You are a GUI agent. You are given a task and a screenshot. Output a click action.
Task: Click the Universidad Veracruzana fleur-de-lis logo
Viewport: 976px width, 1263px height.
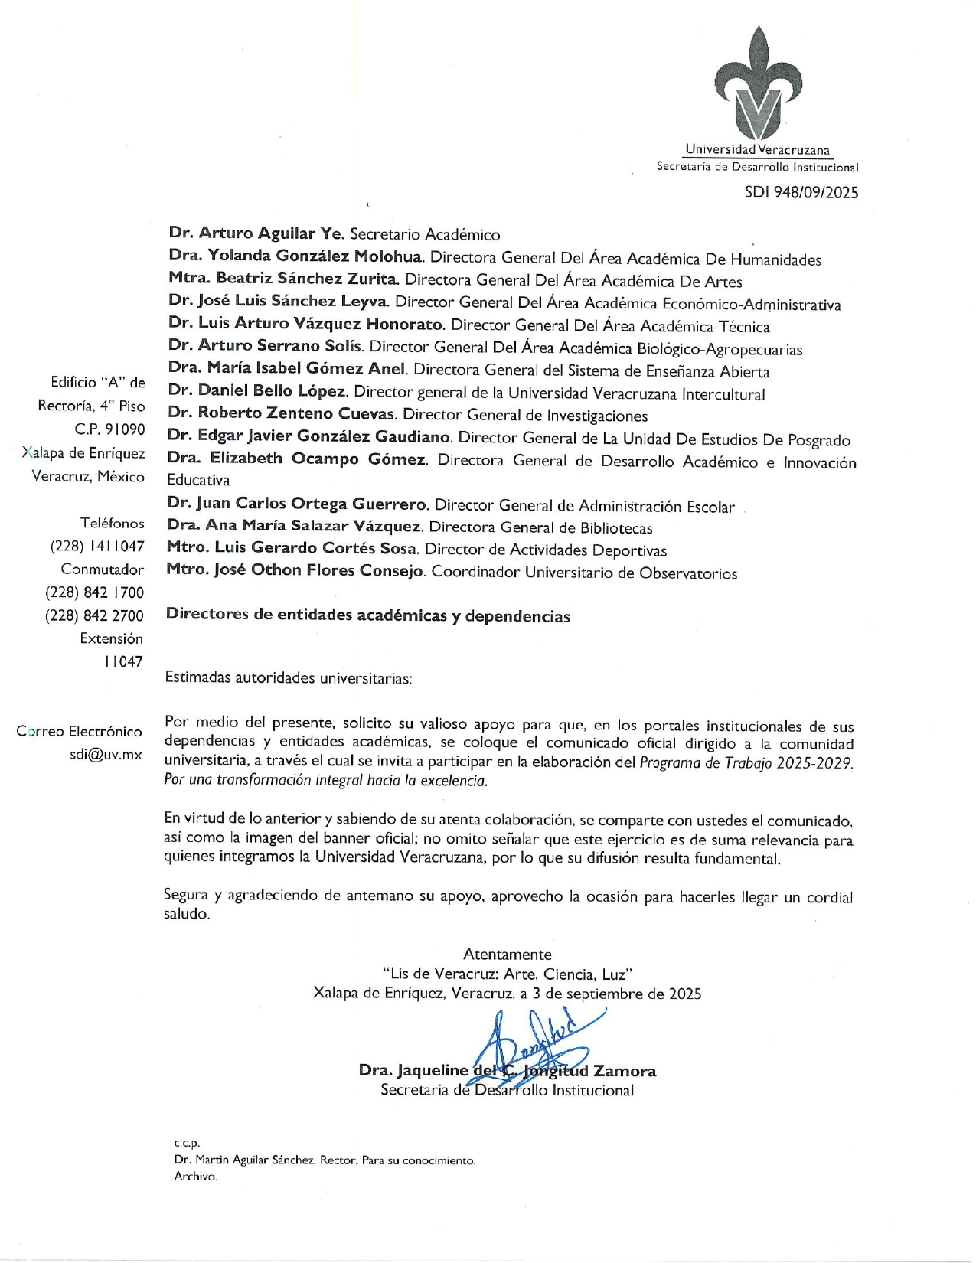(758, 83)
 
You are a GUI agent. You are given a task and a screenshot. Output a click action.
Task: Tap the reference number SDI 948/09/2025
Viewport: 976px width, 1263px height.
(801, 192)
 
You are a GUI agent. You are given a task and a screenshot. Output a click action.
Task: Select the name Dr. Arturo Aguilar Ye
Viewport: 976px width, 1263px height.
(256, 233)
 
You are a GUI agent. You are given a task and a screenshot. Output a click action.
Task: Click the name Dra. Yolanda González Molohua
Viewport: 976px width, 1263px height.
(296, 256)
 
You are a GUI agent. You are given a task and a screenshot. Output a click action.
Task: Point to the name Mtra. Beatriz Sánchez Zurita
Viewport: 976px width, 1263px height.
(283, 279)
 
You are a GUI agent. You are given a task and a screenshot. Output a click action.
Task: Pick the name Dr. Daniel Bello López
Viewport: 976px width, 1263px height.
(259, 391)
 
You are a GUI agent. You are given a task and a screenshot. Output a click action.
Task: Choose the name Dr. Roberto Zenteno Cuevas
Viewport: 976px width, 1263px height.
(282, 413)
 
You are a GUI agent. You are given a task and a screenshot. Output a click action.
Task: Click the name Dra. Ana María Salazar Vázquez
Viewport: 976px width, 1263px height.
(295, 527)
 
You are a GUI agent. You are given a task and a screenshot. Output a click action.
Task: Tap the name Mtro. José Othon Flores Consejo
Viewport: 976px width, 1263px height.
(295, 571)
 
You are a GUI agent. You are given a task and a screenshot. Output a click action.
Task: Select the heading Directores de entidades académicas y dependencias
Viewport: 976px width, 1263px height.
(367, 616)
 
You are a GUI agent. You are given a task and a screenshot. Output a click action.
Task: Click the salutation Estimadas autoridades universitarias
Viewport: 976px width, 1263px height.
(289, 678)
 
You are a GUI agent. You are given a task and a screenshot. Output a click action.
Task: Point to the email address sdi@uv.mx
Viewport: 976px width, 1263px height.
(106, 755)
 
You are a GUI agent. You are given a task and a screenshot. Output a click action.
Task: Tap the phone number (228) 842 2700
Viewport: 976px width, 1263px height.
(94, 615)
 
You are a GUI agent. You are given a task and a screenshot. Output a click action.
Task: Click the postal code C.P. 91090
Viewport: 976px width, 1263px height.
(109, 429)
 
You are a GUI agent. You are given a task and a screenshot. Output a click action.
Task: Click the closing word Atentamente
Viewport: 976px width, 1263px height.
(507, 955)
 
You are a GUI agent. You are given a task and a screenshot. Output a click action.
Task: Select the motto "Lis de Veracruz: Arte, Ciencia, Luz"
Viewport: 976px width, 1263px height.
(507, 974)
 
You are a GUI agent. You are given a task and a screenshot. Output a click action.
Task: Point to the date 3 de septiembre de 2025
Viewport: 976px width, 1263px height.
(617, 994)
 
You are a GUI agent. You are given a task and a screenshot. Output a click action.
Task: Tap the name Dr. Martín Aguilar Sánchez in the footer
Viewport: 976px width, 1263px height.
(244, 1160)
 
